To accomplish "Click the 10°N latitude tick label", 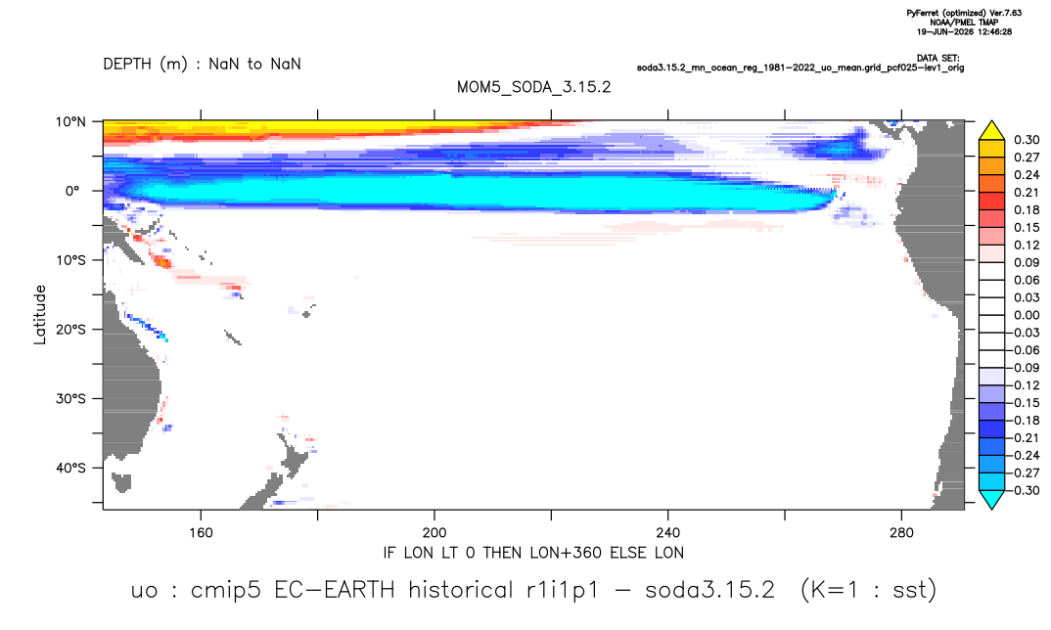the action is (70, 122).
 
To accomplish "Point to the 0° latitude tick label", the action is (72, 191).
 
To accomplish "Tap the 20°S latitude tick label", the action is (70, 330).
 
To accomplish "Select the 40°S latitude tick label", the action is (70, 468).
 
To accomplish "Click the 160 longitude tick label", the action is (201, 533).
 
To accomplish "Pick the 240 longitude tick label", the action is (668, 533).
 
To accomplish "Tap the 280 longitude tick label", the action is (901, 533).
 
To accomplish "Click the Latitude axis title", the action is (40, 315).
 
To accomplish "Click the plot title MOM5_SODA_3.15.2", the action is (533, 88).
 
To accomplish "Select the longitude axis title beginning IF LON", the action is (533, 553).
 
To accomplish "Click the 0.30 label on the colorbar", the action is (1027, 140).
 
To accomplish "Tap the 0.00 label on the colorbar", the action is (1027, 315).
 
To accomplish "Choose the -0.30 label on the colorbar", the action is (1024, 490).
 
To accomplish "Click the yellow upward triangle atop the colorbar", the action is (991, 131).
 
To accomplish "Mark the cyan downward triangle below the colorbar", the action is (991, 499).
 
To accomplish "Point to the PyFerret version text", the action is (964, 14).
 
